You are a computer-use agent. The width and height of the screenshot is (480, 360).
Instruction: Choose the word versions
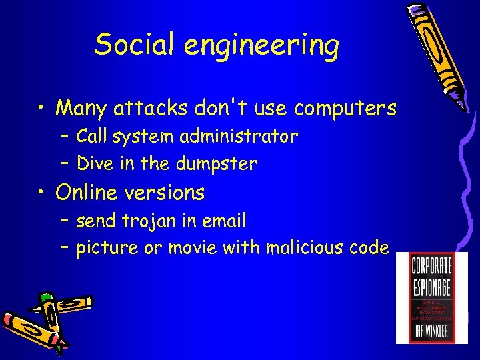(x=167, y=193)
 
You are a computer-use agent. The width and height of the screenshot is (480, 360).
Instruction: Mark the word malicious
(x=306, y=248)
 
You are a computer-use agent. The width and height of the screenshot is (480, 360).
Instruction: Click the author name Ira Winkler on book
(x=431, y=330)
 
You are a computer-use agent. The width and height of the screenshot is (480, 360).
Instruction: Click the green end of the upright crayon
(x=46, y=296)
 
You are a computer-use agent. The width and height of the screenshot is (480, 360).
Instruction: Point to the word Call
(x=93, y=137)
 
